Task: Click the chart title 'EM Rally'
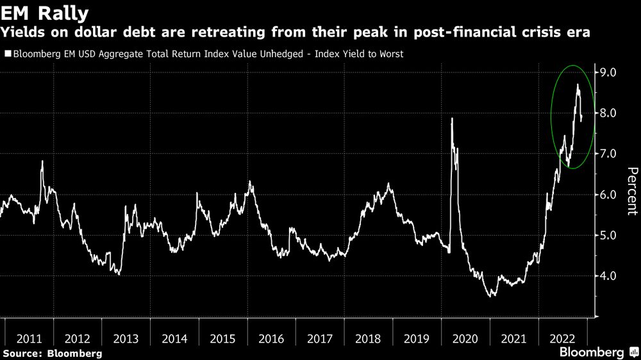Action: point(45,12)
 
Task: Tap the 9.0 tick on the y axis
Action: point(606,72)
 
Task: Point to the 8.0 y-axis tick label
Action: point(606,113)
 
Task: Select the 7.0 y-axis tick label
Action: point(606,154)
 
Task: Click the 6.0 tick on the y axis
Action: point(606,195)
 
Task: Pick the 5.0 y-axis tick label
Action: point(606,235)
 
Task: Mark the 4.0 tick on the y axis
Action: point(606,276)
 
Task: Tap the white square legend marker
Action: point(8,54)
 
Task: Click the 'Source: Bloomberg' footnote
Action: point(51,354)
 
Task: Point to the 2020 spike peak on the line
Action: point(453,119)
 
